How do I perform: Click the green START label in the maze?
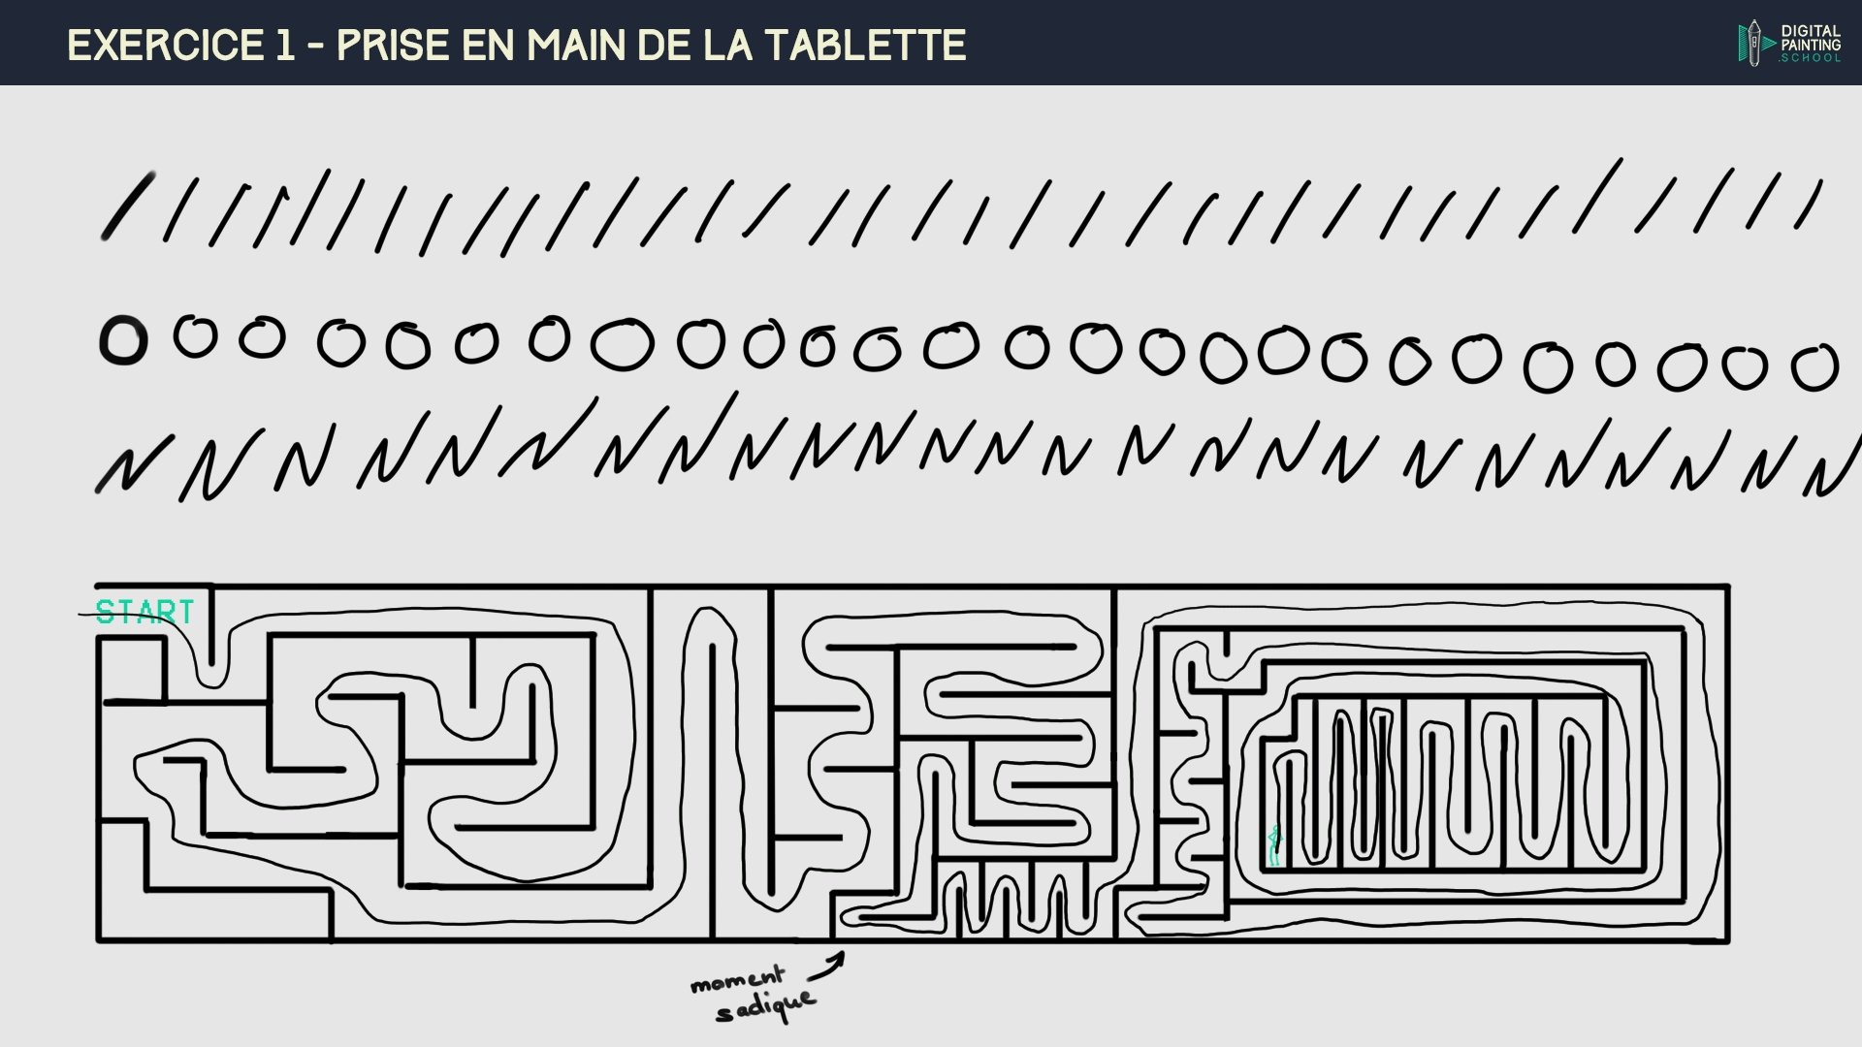coord(145,613)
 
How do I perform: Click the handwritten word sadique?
coord(765,1007)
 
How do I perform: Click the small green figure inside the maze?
coord(1274,845)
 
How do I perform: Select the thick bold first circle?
coord(123,341)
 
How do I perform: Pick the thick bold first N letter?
coord(126,468)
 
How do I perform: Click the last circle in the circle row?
coord(1814,368)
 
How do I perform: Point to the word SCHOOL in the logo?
coord(1810,58)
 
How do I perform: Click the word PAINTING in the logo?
coord(1810,45)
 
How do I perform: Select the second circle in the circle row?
coord(195,336)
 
